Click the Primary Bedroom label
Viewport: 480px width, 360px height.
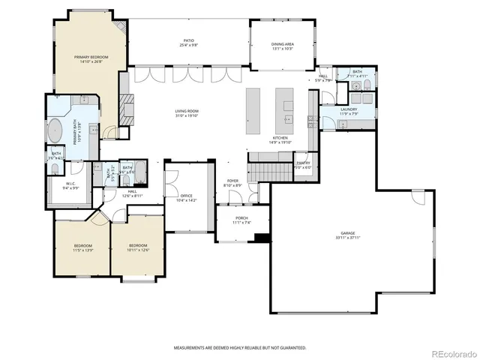(x=88, y=57)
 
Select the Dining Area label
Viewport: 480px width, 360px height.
(x=283, y=44)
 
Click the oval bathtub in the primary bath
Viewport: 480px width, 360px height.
(x=56, y=130)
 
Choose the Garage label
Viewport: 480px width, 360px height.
(x=348, y=233)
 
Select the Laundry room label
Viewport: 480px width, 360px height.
(x=348, y=109)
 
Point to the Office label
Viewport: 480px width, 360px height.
(x=186, y=196)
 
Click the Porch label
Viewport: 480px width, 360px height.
(x=242, y=217)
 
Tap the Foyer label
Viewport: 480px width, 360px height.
(x=232, y=181)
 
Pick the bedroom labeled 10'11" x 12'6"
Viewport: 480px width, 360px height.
(x=137, y=248)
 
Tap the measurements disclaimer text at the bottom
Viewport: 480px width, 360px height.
(x=240, y=348)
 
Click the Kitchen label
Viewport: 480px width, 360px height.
(x=280, y=138)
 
